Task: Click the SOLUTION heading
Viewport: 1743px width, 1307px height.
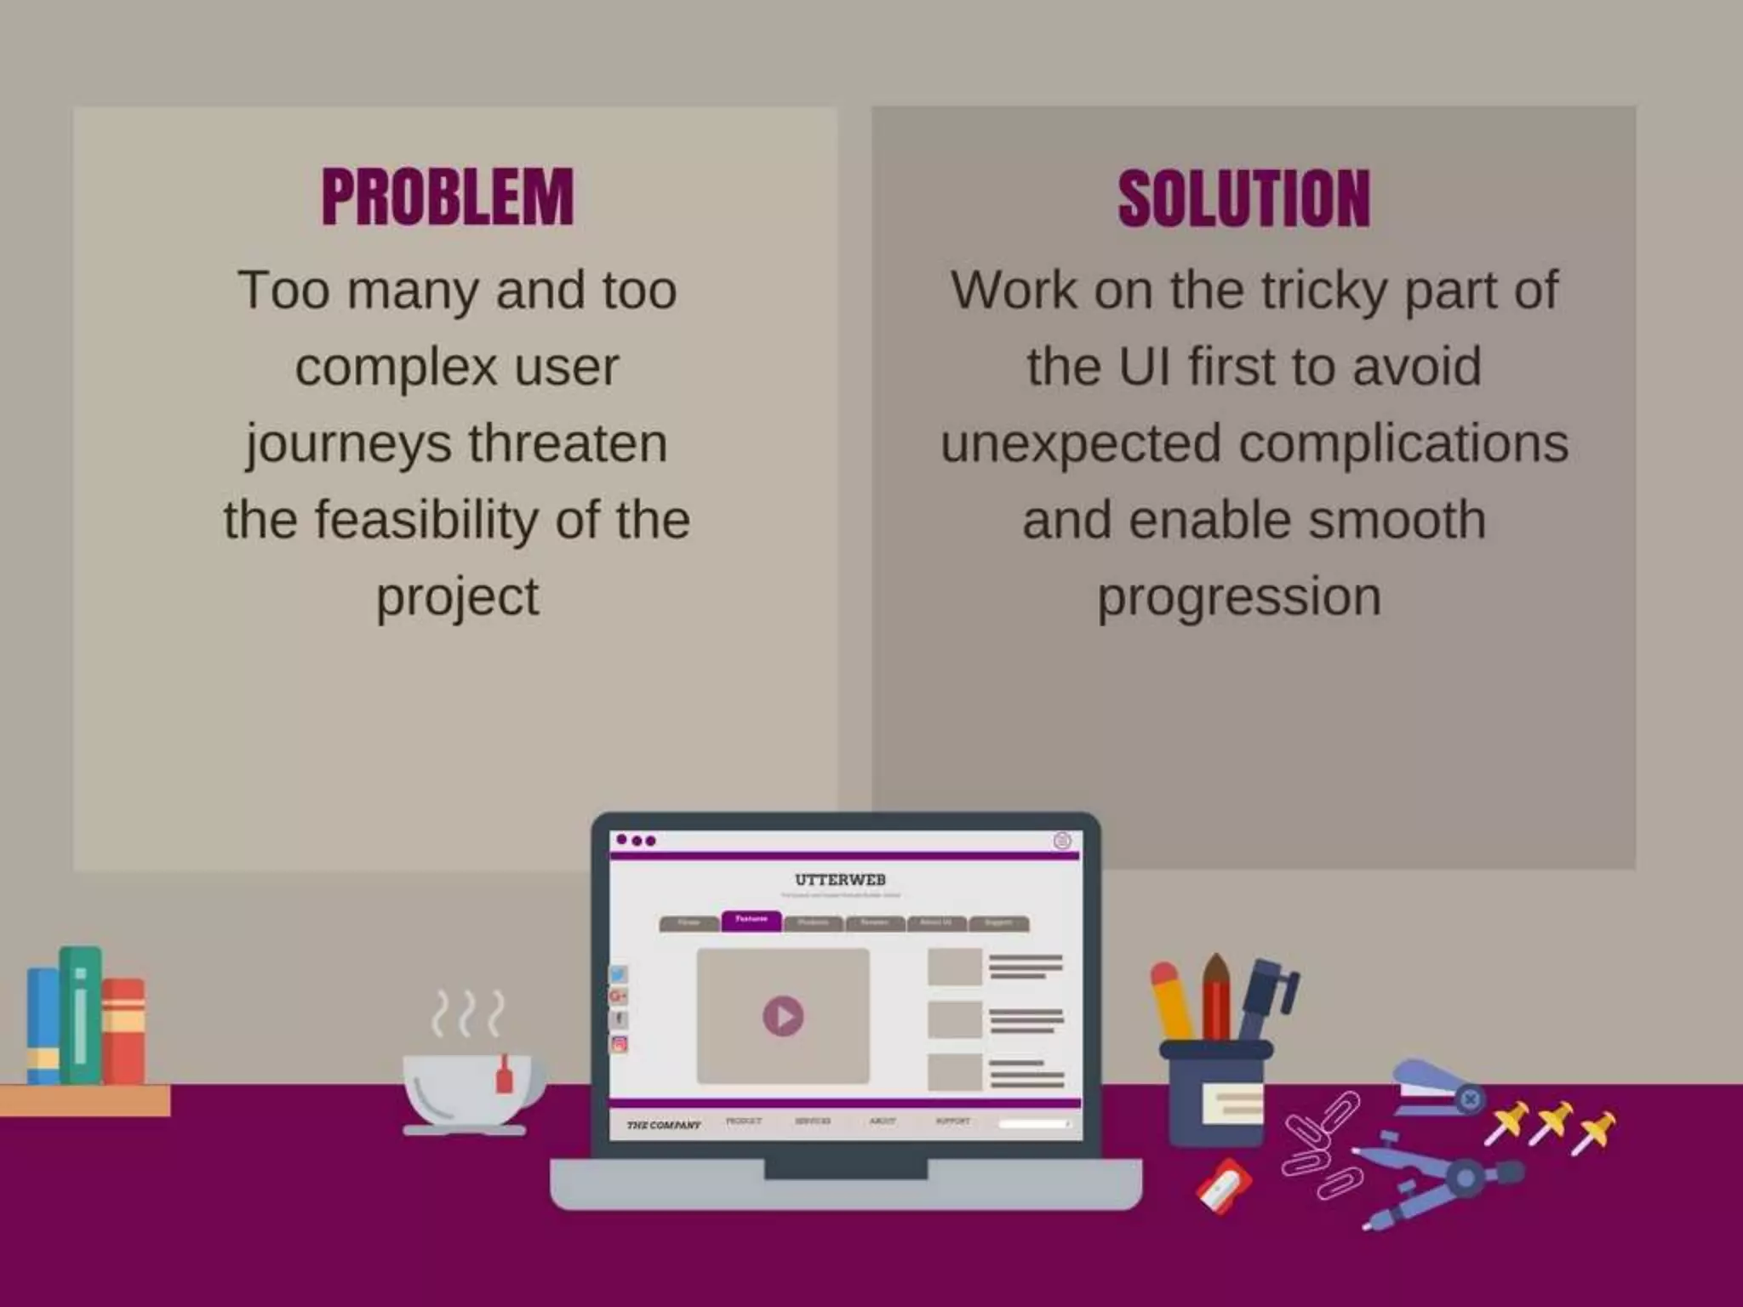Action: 1243,198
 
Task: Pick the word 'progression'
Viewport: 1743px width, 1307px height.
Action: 1238,597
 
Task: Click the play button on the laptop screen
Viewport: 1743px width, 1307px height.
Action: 783,1016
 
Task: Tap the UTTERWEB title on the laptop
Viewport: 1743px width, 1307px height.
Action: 840,879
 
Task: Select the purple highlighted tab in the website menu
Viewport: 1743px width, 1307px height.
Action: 751,921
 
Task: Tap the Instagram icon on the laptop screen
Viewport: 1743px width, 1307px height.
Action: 619,1044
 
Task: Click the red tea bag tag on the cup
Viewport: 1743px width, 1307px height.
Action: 504,1077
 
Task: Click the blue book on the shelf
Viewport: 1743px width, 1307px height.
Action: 43,1025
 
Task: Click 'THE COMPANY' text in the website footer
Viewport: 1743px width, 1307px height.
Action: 664,1125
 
